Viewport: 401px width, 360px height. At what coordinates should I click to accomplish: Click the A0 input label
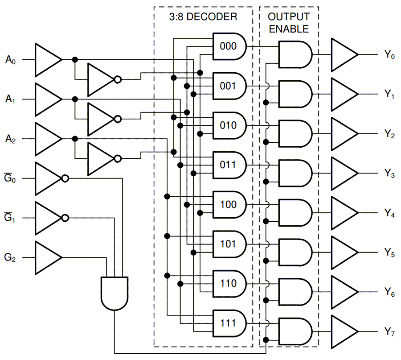[x=11, y=59]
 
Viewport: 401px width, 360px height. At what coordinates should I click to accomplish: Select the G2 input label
[x=11, y=257]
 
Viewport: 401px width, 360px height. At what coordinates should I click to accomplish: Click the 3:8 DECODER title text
[x=203, y=17]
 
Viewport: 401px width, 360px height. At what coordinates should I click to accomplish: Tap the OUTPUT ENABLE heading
[x=288, y=23]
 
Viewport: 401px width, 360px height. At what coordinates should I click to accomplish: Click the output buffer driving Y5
[x=343, y=252]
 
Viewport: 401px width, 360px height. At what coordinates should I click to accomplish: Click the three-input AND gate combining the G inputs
[x=115, y=293]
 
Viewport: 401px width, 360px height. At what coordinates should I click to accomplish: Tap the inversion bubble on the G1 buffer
[x=65, y=218]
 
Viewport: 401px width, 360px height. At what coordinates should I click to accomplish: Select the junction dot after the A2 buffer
[x=75, y=139]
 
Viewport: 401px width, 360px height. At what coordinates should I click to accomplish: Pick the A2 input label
[x=11, y=139]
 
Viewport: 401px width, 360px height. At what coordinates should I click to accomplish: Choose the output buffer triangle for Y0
[x=343, y=54]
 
